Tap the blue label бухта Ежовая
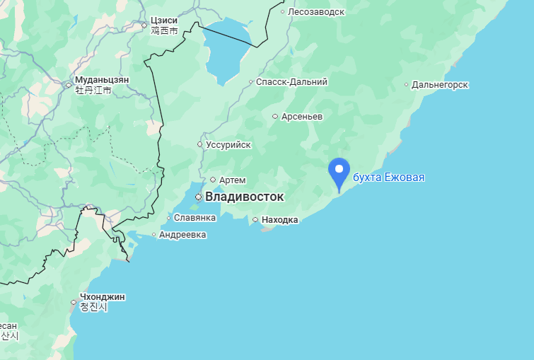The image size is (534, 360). (388, 177)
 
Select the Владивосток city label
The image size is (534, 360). (244, 197)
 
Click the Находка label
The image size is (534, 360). (279, 220)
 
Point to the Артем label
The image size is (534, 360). (233, 180)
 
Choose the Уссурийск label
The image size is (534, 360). (228, 144)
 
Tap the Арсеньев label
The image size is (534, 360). (301, 116)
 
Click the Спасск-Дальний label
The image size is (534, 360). (291, 82)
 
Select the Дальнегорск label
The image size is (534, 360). (440, 85)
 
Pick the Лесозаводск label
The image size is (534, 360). (316, 11)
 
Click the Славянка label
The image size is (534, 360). (194, 218)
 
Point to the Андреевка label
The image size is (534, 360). (182, 234)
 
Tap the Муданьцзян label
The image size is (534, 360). (103, 80)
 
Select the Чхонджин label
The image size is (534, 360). (103, 297)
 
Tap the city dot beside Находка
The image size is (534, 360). (255, 220)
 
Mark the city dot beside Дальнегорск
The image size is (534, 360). (407, 85)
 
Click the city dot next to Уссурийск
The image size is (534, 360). (200, 144)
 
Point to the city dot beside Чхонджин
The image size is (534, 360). (74, 302)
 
